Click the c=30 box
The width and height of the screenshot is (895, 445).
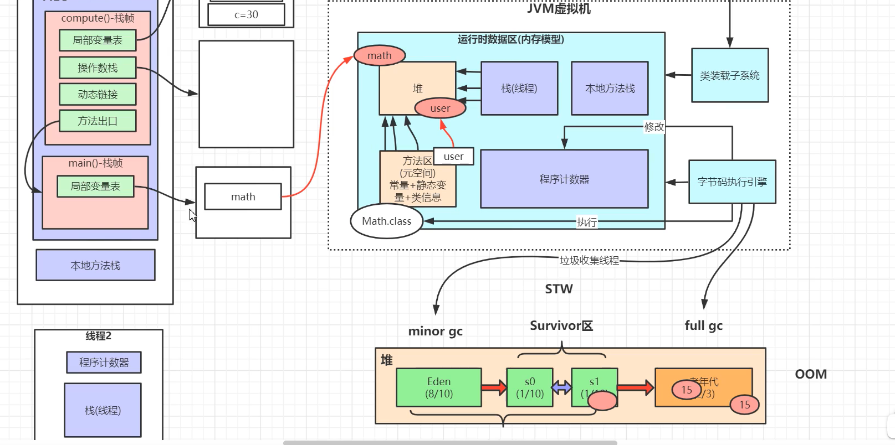tap(246, 15)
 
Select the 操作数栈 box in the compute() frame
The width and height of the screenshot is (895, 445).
tap(98, 68)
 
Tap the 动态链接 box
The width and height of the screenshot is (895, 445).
tap(98, 95)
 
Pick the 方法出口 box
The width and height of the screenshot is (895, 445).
tap(98, 121)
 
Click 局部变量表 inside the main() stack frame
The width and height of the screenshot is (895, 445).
tap(95, 187)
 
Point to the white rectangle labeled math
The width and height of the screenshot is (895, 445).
tap(243, 197)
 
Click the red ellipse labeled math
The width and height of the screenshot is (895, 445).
tap(380, 55)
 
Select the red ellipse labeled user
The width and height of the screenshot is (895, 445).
tap(440, 108)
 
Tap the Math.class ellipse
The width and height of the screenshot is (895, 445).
tap(386, 221)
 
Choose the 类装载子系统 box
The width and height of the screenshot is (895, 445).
tap(729, 75)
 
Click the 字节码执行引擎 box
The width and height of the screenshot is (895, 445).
tap(732, 182)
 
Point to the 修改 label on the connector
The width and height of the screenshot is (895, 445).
tap(654, 127)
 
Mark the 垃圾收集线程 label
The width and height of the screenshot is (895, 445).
tap(589, 260)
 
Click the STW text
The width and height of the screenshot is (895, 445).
tap(559, 289)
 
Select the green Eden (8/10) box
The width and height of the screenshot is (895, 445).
tap(439, 387)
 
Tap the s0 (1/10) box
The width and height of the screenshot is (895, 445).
tap(530, 387)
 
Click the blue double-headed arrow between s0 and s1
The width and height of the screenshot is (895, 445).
tap(562, 387)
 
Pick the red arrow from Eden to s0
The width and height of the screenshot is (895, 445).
tap(494, 387)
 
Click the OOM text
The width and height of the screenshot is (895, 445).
tap(811, 374)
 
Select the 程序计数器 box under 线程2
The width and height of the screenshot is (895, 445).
tap(104, 363)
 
